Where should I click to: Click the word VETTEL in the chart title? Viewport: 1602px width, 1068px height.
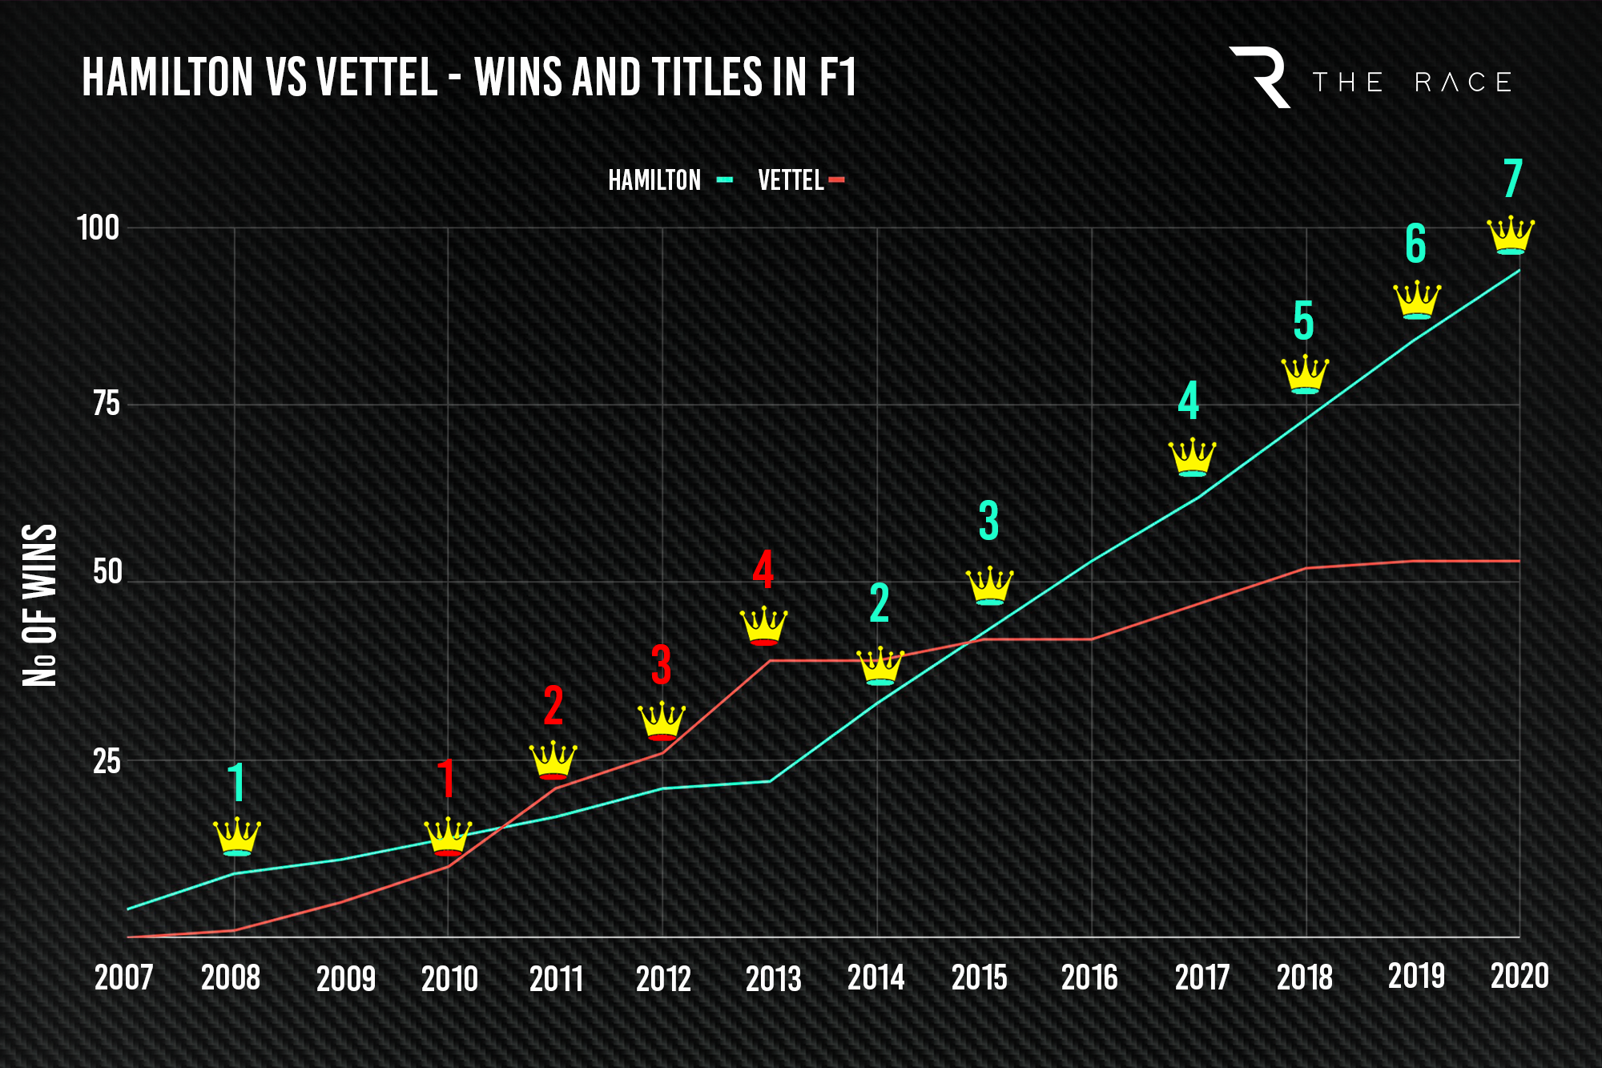tap(376, 78)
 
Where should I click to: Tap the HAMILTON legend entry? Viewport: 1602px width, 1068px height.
tap(654, 180)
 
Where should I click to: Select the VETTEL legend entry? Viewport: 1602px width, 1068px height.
tap(791, 180)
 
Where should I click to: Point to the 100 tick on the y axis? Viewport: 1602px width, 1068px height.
tap(98, 228)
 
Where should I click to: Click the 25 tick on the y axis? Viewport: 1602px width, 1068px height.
tap(106, 761)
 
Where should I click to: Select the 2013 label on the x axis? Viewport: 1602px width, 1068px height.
tap(773, 978)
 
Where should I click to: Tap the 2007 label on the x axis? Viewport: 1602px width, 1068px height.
tap(123, 978)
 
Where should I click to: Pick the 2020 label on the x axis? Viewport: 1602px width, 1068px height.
tap(1519, 976)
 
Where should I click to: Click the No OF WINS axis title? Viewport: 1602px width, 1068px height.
tap(39, 606)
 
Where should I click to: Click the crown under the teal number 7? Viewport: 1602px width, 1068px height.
tap(1511, 236)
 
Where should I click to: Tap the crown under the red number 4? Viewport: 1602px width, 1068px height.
tap(763, 626)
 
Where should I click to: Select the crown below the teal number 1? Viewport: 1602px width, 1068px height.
tap(237, 837)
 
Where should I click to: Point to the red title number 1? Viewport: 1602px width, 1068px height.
tap(446, 779)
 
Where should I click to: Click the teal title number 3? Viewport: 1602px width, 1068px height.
tap(989, 521)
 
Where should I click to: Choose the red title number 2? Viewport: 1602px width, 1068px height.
tap(553, 706)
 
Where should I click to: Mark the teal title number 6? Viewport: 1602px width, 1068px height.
tap(1415, 244)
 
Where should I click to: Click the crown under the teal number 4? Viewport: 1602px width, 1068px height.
tap(1192, 457)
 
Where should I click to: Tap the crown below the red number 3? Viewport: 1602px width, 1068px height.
tap(662, 721)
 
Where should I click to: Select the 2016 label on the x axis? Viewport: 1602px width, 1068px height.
tap(1089, 978)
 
